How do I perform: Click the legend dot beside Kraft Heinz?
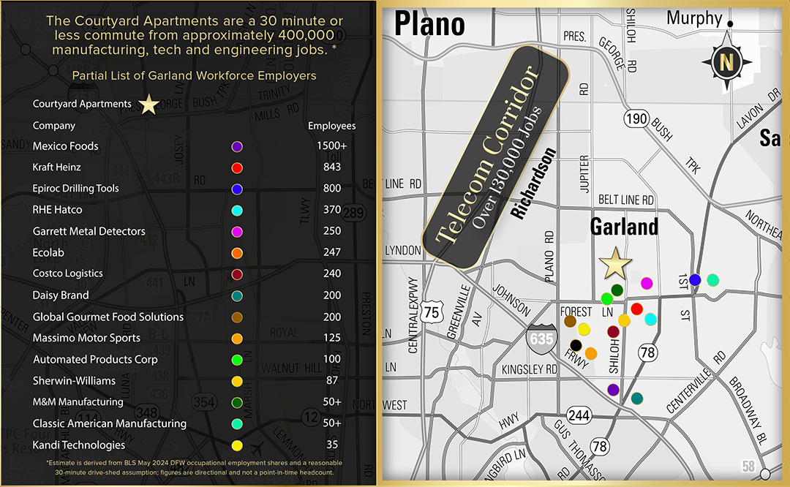[237, 168]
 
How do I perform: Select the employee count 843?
[332, 167]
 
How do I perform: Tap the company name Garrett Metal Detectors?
[89, 231]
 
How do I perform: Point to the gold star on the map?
[615, 263]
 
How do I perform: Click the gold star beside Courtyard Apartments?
[148, 104]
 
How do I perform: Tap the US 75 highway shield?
[432, 312]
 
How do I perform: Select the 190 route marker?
[636, 118]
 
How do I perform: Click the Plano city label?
[429, 24]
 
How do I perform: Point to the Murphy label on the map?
[694, 18]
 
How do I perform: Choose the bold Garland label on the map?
[624, 227]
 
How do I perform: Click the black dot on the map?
[576, 345]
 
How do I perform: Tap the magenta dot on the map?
[647, 283]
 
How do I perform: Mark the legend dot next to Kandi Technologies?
[237, 445]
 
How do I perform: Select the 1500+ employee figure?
[332, 146]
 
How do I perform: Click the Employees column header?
[332, 126]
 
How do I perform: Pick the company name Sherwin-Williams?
[74, 381]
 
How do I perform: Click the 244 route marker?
[579, 415]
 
